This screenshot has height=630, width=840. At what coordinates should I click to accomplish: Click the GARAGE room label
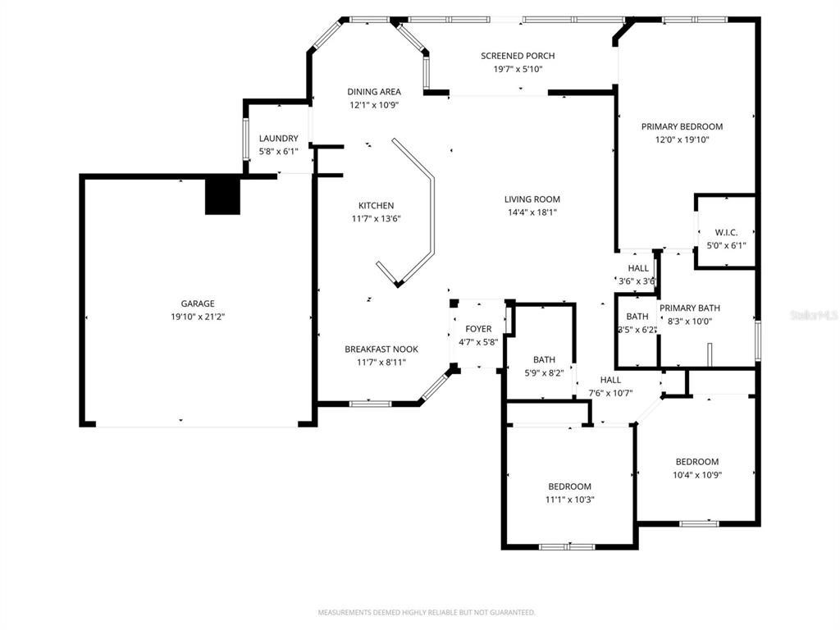198,304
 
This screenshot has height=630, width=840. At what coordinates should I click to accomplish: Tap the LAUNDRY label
279,138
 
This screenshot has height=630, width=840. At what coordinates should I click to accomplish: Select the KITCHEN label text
376,206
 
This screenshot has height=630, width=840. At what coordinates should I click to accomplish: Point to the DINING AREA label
374,92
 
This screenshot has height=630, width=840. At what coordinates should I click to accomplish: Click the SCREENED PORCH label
518,56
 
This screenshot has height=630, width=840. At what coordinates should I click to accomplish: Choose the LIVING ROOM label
532,199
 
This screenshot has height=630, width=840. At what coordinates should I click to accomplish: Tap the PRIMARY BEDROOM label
682,126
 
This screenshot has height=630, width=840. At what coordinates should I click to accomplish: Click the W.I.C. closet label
726,232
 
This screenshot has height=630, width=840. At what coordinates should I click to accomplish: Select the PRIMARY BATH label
689,308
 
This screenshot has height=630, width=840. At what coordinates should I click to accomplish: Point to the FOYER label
478,329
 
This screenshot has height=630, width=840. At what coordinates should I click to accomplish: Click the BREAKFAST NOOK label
381,349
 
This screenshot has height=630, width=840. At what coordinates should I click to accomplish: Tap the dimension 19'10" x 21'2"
198,317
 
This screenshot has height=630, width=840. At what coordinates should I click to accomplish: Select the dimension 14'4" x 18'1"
532,212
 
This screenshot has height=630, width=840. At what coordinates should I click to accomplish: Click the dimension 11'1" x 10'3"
569,500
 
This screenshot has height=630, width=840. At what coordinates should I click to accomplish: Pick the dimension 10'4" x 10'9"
697,475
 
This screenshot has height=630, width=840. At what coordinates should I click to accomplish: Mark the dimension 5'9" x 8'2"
544,373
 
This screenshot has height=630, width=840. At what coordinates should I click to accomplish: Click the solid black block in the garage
223,196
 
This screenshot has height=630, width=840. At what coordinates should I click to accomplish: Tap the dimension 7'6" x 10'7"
610,393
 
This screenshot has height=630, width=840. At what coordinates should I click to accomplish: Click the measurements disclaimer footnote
427,612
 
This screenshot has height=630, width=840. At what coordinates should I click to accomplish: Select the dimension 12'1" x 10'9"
374,105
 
